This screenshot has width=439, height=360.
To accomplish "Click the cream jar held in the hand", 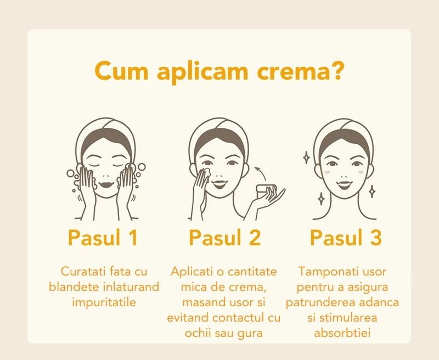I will point(268,193).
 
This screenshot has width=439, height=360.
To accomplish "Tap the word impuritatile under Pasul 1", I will point(104,302).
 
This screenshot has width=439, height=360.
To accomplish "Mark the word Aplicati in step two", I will point(191,272).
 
